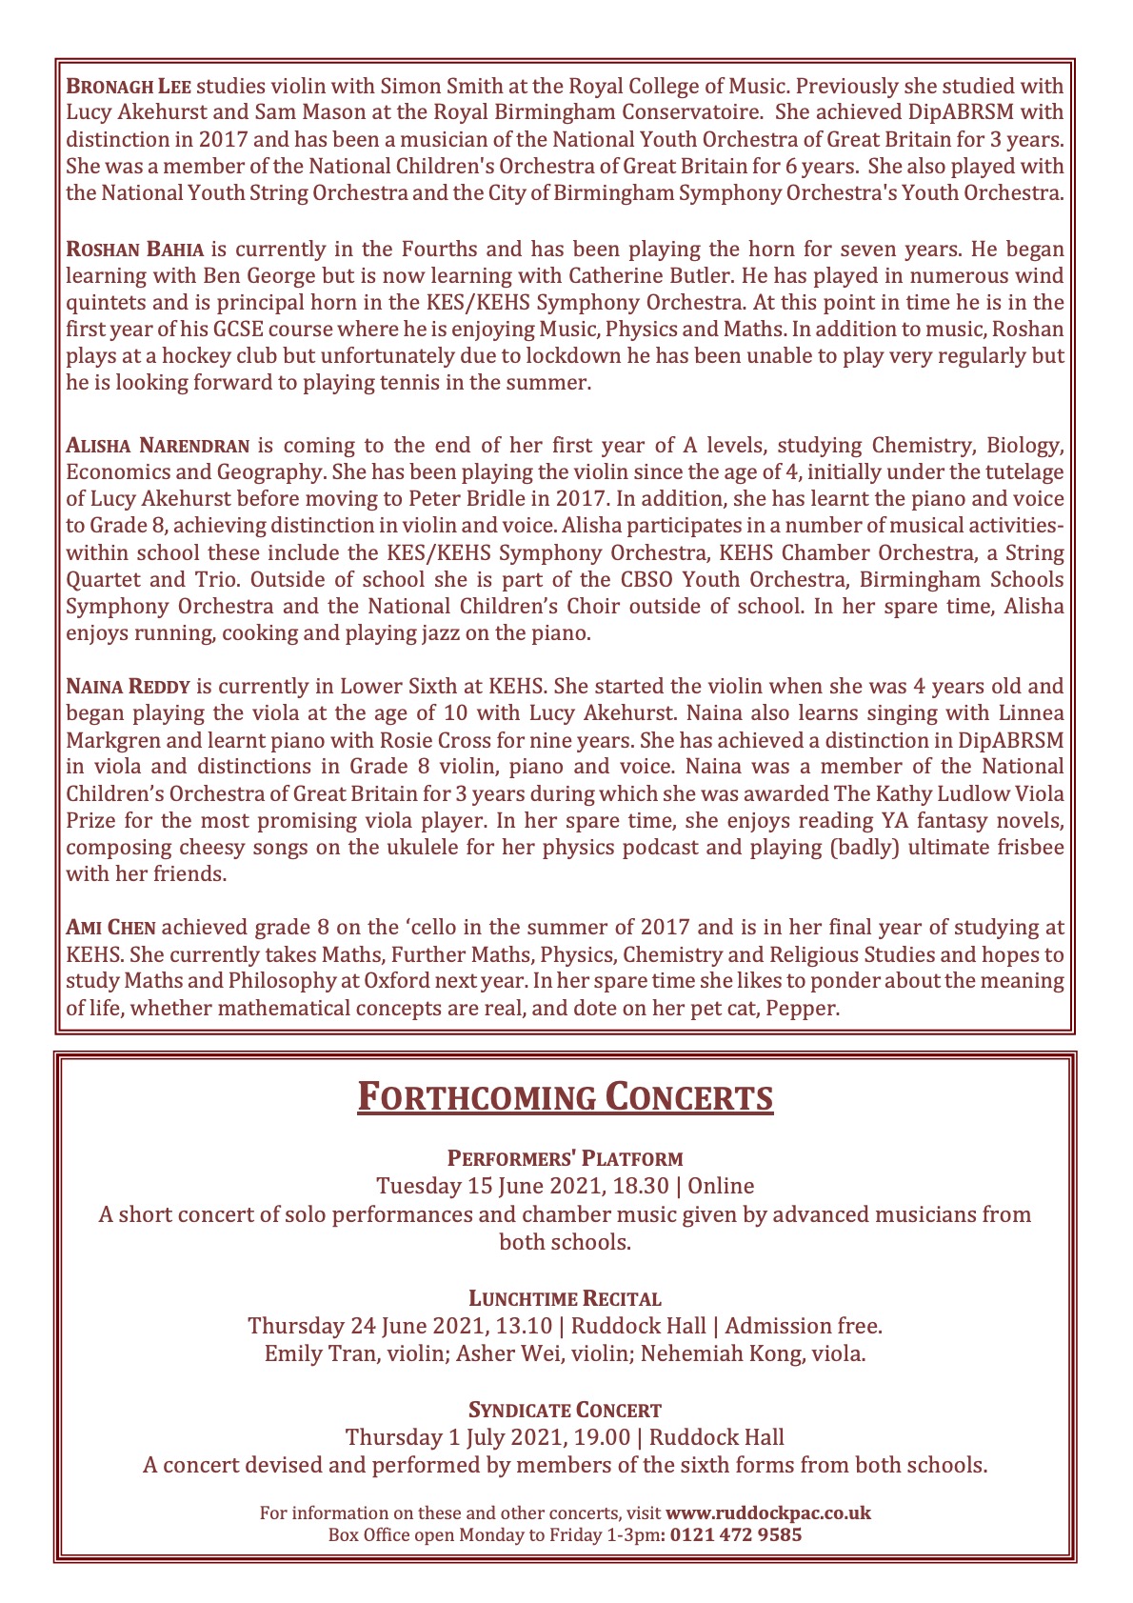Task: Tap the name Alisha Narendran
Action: tap(158, 445)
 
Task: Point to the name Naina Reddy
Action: tap(128, 686)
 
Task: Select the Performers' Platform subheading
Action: tap(566, 1159)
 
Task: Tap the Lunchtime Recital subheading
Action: tap(566, 1298)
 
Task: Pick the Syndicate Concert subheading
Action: tap(566, 1410)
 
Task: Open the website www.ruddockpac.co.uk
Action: tap(767, 1513)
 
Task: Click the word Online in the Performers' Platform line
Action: tap(721, 1187)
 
